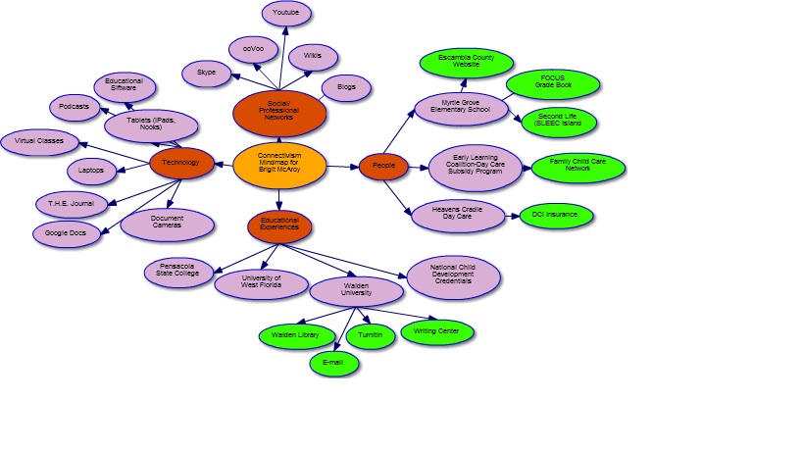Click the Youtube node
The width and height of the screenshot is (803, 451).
287,14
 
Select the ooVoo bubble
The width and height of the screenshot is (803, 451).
253,49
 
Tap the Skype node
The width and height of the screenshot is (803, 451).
206,74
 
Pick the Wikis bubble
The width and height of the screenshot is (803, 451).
313,56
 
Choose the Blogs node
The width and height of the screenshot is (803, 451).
346,87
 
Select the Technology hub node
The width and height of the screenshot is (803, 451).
180,163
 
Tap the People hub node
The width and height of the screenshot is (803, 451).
383,167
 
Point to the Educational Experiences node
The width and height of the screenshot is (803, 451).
279,226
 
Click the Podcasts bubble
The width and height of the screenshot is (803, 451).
75,107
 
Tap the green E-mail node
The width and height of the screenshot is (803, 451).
333,365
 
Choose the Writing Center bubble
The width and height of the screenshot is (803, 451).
436,332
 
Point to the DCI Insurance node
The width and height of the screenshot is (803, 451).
556,215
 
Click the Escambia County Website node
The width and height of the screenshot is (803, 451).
466,63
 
